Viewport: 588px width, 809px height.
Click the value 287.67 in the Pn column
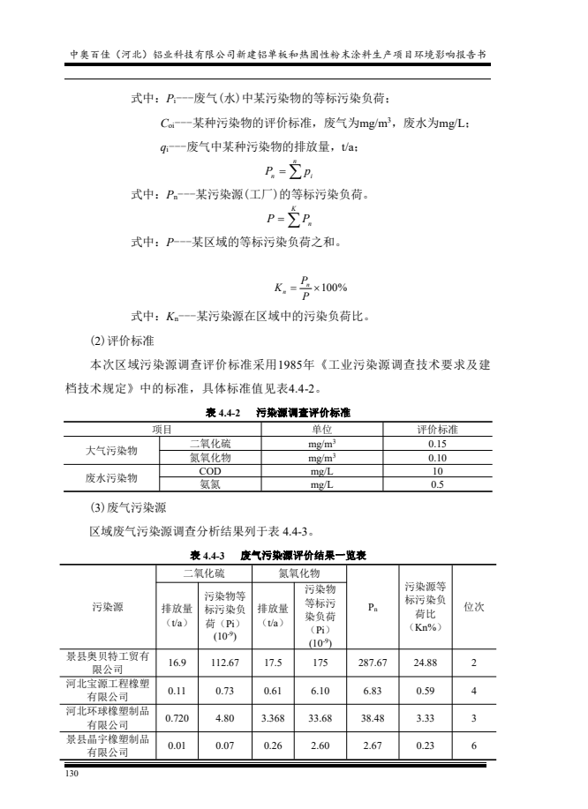[373, 663]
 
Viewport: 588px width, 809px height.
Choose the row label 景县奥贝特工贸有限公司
[108, 663]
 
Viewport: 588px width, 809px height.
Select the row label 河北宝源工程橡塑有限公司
[108, 690]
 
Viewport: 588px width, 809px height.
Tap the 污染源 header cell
[108, 608]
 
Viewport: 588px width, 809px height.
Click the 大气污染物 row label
[111, 451]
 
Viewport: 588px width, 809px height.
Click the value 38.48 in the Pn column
[373, 717]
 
